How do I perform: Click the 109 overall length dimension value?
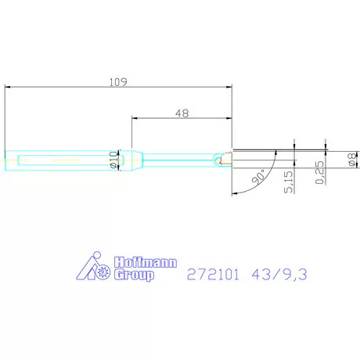(117, 81)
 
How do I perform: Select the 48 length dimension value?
(182, 113)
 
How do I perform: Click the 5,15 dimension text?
(290, 182)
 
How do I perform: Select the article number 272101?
(211, 275)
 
